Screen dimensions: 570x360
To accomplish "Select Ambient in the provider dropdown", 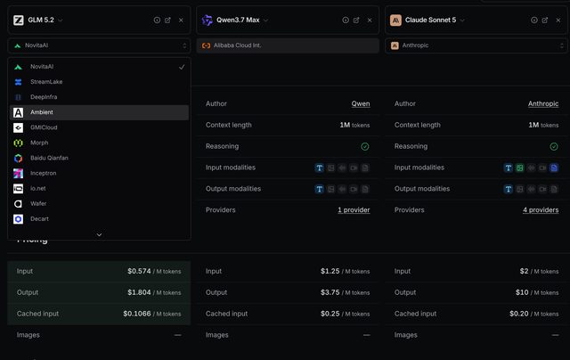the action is pos(99,112).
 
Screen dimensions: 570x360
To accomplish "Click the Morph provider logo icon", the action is pos(18,143).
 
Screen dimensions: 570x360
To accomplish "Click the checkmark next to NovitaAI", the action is pos(182,67).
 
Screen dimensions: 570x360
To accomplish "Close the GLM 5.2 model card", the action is pos(181,20).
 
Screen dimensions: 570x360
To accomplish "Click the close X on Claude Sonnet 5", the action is pos(558,20).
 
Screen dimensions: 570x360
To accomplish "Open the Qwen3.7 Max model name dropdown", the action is pos(265,20).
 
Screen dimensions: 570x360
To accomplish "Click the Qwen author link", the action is pos(361,103).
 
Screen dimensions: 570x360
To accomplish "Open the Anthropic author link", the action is pos(543,103).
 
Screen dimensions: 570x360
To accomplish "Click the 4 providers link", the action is pos(541,209).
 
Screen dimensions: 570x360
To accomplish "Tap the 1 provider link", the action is pos(354,209).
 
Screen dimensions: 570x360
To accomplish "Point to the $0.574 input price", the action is pos(139,271).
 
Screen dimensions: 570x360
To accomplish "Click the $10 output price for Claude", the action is pos(522,292).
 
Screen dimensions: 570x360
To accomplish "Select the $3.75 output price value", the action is pos(330,292).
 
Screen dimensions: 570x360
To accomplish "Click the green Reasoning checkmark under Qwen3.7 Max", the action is pos(365,146).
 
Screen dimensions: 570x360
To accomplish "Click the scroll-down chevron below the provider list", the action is pos(99,235).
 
